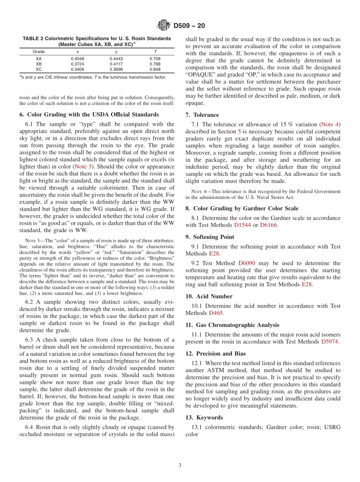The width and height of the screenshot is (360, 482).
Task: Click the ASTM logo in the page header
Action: pos(164,26)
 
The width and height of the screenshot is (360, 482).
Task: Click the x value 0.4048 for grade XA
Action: pos(78,59)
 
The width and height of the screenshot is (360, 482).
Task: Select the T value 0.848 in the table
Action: pos(155,69)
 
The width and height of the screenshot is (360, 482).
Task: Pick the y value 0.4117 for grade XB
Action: pos(116,64)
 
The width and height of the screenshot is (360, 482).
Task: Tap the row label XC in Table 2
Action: pos(39,69)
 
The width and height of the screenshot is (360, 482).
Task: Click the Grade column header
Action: pos(39,52)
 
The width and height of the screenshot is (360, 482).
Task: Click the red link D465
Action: pos(216,313)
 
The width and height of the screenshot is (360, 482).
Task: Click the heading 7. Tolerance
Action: pos(202,115)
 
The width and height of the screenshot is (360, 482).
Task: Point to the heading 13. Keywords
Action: pos(204,418)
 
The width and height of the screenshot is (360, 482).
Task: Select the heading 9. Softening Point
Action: pos(210,237)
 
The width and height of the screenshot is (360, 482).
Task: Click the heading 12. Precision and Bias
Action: pos(216,354)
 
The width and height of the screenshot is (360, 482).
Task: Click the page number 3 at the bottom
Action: pos(180,465)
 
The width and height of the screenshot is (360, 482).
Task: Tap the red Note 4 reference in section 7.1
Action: pos(330,124)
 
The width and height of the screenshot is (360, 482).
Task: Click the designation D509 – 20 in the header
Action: pos(189,26)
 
